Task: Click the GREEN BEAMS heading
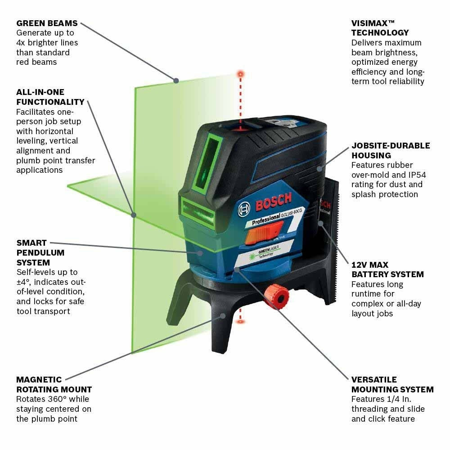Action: coord(47,23)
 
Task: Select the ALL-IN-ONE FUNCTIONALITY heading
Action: coord(50,97)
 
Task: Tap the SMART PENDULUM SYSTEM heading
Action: coord(40,252)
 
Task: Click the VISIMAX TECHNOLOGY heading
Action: coord(380,28)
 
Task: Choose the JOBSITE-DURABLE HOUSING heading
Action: coord(390,150)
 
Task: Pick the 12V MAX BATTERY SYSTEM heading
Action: coord(387,270)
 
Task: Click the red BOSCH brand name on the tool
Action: coord(273,201)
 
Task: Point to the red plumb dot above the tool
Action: coord(241,72)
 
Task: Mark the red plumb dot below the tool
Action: coord(241,321)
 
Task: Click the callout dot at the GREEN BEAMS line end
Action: coord(176,81)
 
